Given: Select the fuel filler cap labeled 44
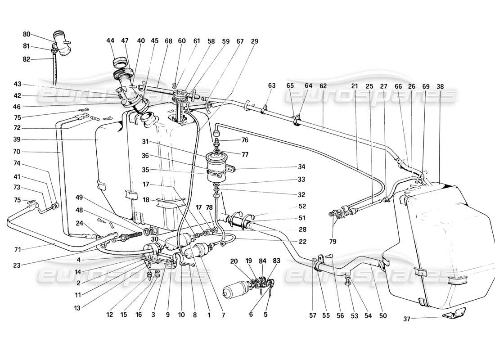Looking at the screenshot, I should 121,61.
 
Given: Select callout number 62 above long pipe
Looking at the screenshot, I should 323,85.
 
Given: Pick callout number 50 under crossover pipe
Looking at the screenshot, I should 382,316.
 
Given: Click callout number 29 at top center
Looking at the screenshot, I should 254,41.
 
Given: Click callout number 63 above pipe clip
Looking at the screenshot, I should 271,85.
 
